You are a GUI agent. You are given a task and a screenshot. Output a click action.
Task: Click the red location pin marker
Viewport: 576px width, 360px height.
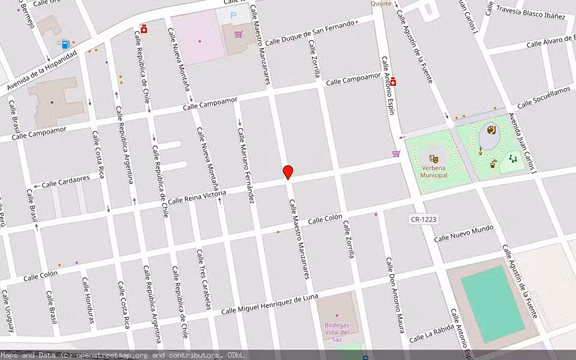point(288,172)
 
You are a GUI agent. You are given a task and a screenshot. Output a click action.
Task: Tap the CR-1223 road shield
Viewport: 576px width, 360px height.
point(423,220)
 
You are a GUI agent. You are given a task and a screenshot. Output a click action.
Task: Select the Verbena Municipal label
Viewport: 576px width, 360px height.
point(434,172)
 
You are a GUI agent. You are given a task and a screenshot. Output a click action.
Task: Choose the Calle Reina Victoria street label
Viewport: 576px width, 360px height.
point(197,197)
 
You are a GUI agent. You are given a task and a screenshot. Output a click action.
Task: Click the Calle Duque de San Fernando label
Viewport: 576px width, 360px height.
point(310,34)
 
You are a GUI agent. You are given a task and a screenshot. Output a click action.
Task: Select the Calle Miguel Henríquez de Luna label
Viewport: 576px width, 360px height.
point(269,305)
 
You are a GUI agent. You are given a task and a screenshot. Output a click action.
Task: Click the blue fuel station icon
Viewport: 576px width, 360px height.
point(65,44)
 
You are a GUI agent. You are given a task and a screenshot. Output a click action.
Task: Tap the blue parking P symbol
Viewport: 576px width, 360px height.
point(233,15)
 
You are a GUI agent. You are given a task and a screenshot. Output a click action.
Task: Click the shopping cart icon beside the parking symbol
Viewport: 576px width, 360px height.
point(239,34)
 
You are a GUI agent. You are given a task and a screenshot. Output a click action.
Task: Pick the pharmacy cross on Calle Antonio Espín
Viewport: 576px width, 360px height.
point(393,82)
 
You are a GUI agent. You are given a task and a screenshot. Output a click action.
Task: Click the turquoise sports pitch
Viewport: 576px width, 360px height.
point(493,304)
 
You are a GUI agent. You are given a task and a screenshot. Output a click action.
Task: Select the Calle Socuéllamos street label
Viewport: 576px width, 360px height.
point(544,97)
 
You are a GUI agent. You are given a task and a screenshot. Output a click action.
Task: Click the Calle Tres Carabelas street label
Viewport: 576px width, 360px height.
point(203,280)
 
